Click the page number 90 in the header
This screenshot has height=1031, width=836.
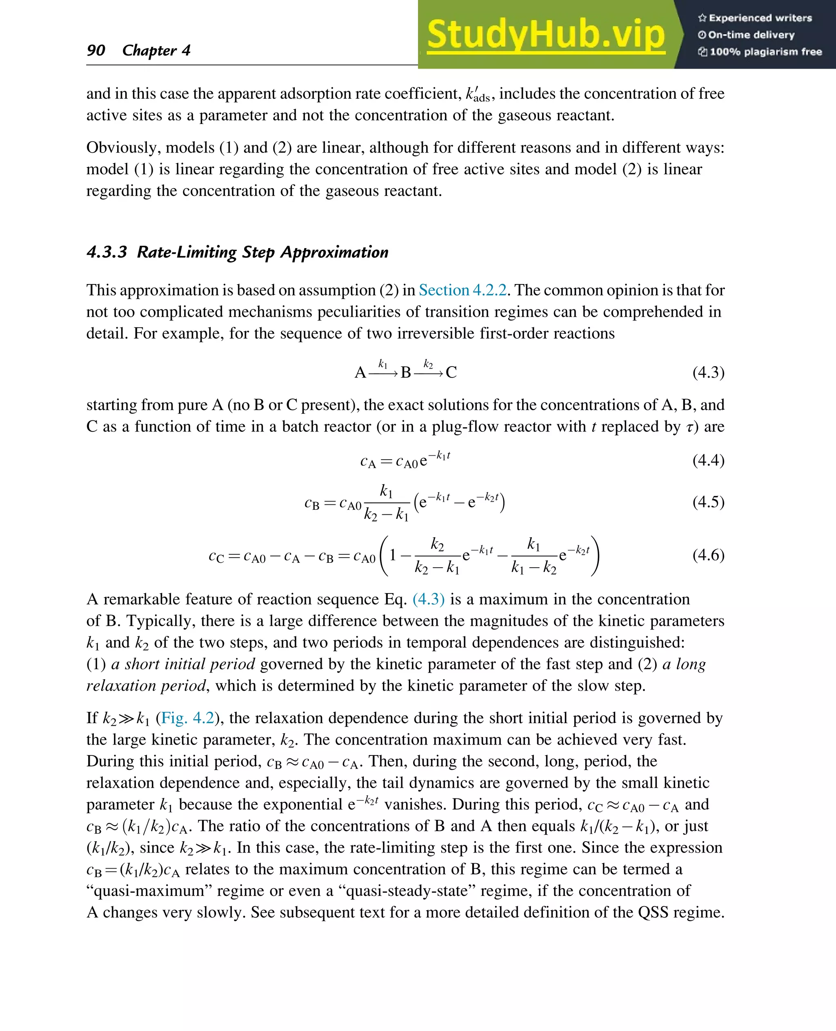coord(96,50)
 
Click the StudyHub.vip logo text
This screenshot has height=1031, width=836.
coord(546,34)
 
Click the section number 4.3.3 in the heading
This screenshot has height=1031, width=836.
coord(107,252)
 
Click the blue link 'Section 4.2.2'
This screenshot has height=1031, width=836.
coord(462,290)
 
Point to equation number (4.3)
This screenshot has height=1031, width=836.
coord(708,372)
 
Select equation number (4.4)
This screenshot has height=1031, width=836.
coord(708,460)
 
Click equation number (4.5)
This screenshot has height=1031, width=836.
coord(708,502)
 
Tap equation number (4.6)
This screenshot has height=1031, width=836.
coord(708,555)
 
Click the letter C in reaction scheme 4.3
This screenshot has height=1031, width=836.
coord(451,373)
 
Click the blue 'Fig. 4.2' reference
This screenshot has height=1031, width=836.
coord(187,718)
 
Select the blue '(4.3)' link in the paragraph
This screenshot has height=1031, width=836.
coord(428,599)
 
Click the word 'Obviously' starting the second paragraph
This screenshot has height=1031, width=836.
coord(123,147)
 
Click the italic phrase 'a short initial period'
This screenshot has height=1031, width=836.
coord(183,664)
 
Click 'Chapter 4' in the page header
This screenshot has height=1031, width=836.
coord(156,50)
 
